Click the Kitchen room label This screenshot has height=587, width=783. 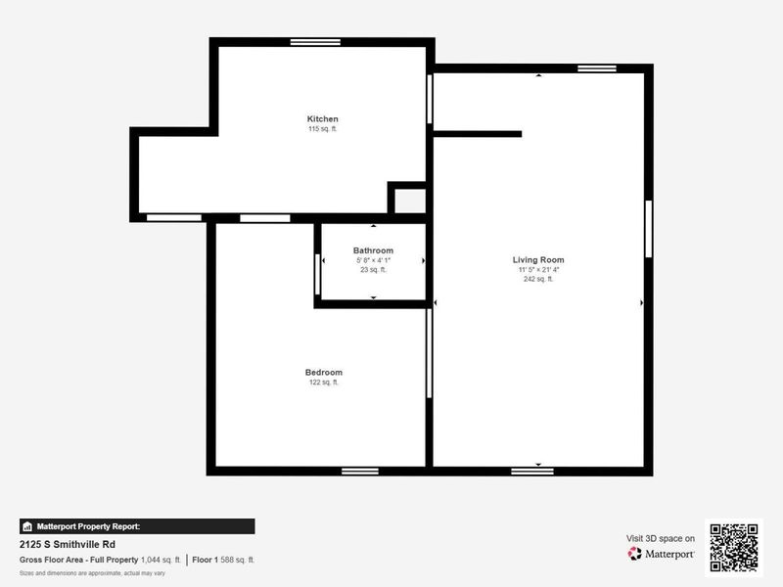click(x=322, y=119)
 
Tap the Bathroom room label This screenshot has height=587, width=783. click(x=373, y=250)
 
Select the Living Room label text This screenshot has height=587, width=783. click(x=538, y=260)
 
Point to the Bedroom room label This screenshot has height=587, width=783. click(x=323, y=372)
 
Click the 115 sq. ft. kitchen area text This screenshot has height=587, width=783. click(x=322, y=129)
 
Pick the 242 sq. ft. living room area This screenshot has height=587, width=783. click(x=538, y=279)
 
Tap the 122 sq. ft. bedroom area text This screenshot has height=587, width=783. click(x=323, y=383)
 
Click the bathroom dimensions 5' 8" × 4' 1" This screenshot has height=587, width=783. click(x=373, y=260)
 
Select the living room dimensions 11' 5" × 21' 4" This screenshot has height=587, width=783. click(x=538, y=270)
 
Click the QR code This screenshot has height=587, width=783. click(x=733, y=547)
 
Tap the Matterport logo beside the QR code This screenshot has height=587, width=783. click(x=662, y=554)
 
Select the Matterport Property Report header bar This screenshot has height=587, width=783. click(x=137, y=526)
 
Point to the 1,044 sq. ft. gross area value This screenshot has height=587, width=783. click(x=161, y=560)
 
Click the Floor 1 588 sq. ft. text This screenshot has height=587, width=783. click(x=223, y=560)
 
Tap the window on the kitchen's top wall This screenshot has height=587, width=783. click(x=315, y=42)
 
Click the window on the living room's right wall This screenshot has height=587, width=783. click(x=647, y=229)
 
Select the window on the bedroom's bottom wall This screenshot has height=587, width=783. click(x=360, y=471)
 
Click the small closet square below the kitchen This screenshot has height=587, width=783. click(x=410, y=201)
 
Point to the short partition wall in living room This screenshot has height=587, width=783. click(x=478, y=134)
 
